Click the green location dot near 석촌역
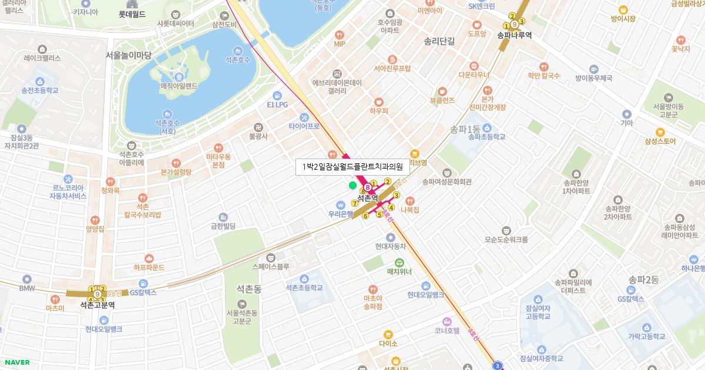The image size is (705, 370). [x=352, y=186]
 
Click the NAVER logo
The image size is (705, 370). [x=16, y=362]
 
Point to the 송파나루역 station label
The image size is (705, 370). [x=514, y=35]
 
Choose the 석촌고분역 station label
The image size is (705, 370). [x=98, y=305]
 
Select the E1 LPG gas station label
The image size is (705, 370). [x=277, y=104]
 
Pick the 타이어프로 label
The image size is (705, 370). [x=304, y=126]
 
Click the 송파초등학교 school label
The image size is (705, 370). [x=487, y=136]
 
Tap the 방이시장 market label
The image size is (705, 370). [x=623, y=19]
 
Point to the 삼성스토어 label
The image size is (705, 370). [x=660, y=141]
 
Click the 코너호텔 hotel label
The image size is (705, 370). [x=447, y=331]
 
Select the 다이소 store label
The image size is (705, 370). [x=388, y=343]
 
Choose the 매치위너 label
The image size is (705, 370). [x=399, y=271]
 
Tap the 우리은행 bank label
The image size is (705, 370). [x=341, y=214]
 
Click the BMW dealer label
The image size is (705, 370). [x=27, y=288]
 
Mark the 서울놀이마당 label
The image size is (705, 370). [x=129, y=55]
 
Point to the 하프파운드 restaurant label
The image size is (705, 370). [x=149, y=267]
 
